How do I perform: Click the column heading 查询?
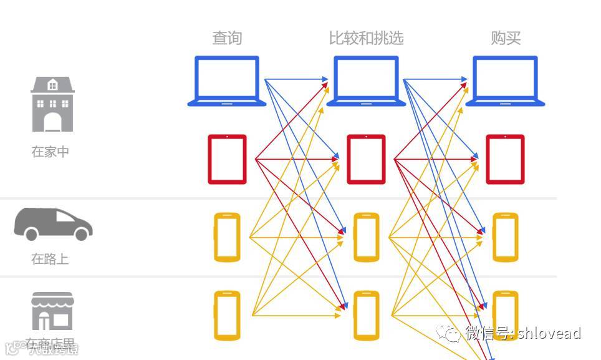pos(227,38)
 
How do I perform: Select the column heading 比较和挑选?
pos(366,38)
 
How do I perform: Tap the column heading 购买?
pos(506,38)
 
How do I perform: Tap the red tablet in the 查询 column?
pos(227,159)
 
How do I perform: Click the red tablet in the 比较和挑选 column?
pos(366,159)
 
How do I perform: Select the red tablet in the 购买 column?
pos(505,159)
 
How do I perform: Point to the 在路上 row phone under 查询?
pos(227,237)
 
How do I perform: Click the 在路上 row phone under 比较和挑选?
pos(366,237)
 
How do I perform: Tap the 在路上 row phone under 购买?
pos(505,237)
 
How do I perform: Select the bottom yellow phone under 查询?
pos(227,315)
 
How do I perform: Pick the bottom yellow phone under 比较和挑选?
pos(366,315)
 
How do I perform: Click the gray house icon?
pos(52,104)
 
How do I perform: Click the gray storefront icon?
pos(52,311)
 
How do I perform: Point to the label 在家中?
pos(50,152)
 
